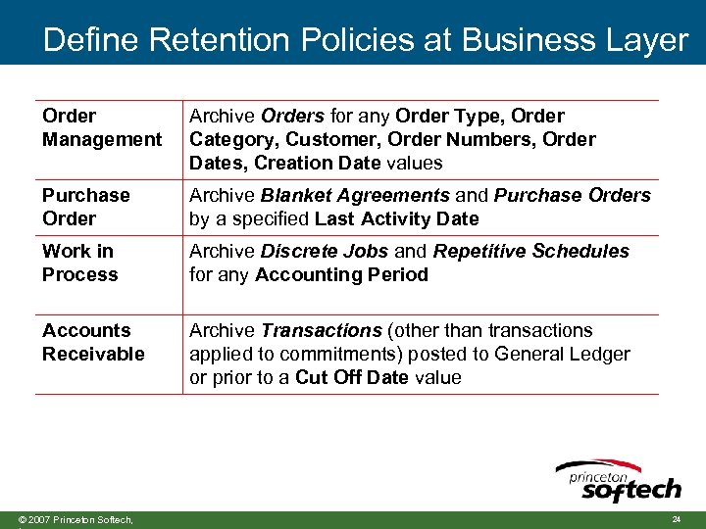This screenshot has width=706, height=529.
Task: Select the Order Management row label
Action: click(101, 127)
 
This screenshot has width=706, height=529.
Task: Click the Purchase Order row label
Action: click(85, 207)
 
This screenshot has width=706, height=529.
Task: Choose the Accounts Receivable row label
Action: click(93, 342)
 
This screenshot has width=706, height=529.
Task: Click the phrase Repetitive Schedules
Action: click(530, 251)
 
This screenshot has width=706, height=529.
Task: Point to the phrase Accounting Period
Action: click(341, 274)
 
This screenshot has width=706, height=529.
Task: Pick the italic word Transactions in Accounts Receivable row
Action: click(321, 330)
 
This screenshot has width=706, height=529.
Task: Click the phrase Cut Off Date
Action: click(351, 377)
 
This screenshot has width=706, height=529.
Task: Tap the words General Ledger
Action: click(563, 354)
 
